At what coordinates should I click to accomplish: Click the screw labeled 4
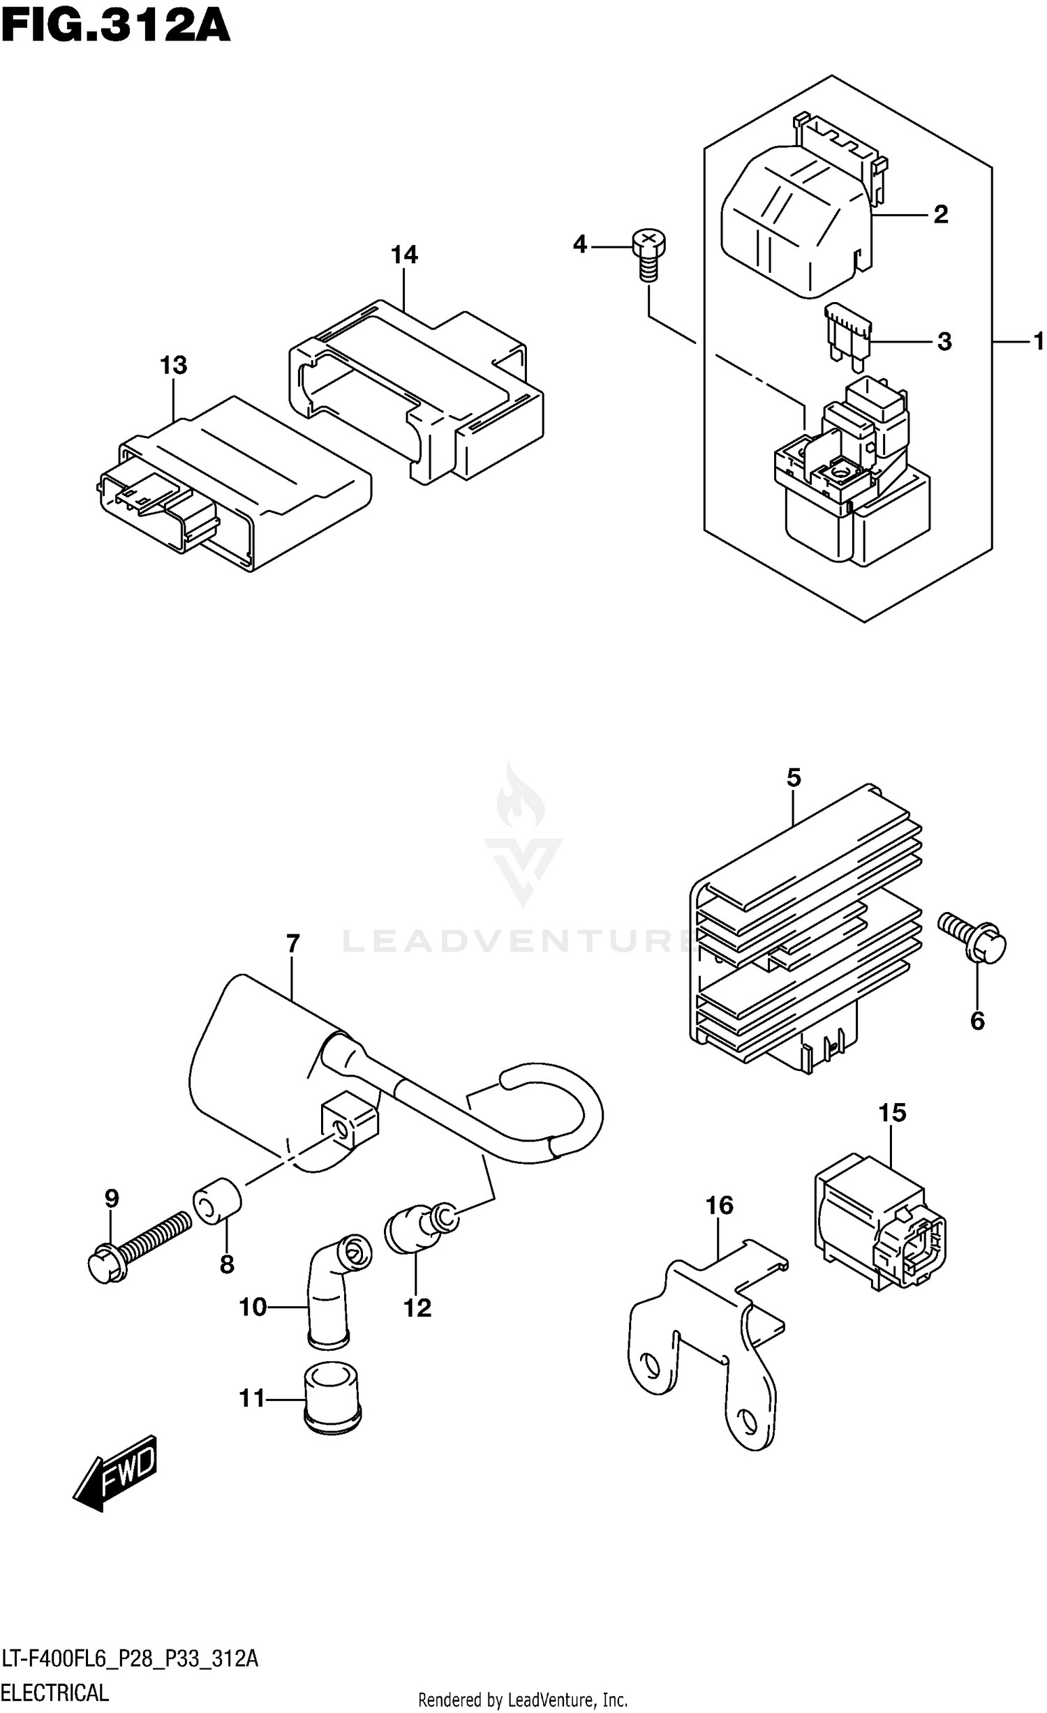coord(648,255)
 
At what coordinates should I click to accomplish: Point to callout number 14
coord(404,255)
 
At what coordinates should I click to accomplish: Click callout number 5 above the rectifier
coord(794,778)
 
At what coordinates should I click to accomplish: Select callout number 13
coord(173,366)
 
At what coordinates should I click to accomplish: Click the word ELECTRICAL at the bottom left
coord(55,1693)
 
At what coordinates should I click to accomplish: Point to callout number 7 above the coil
coord(292,944)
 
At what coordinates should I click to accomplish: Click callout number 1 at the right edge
coord(1038,342)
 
